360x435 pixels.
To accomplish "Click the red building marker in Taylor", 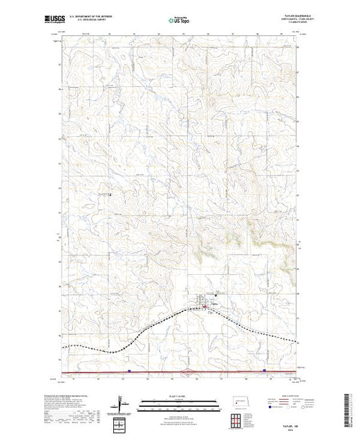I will coord(201,304).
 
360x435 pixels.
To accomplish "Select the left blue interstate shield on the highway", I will coord(129,370).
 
